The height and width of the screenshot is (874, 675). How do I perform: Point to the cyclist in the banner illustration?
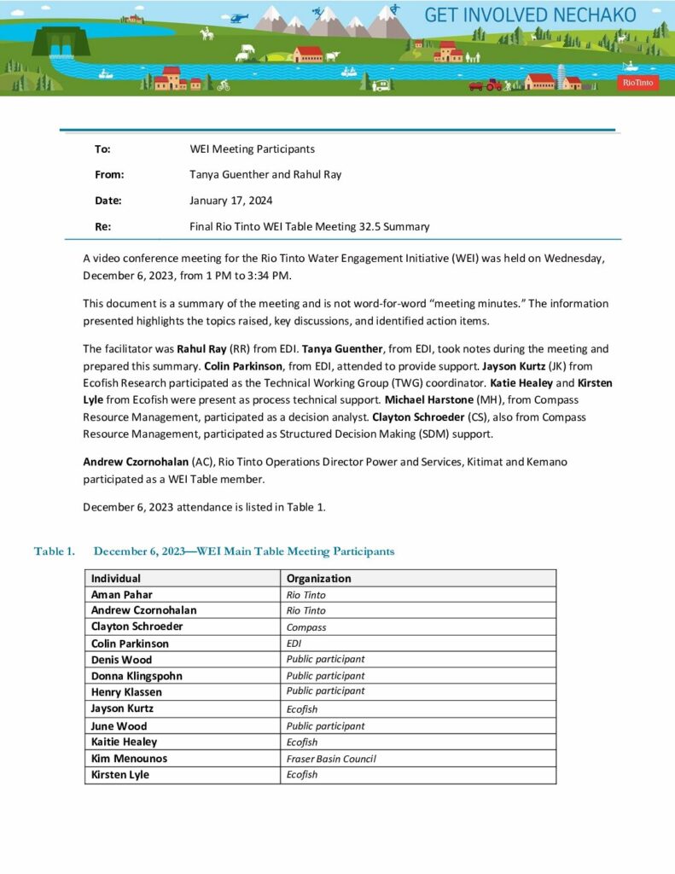click(x=224, y=85)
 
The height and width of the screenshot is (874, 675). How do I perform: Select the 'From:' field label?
click(x=109, y=174)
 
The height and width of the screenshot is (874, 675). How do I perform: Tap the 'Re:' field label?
click(x=102, y=227)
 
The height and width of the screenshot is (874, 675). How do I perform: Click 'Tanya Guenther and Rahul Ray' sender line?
click(x=265, y=174)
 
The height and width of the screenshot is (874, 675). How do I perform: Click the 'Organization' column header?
click(x=318, y=578)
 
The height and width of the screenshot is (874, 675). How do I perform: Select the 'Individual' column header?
click(x=116, y=578)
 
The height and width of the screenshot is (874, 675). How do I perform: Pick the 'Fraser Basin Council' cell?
click(x=330, y=758)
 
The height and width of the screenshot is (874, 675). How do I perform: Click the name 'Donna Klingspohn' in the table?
click(x=137, y=676)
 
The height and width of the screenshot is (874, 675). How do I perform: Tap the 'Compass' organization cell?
click(x=306, y=627)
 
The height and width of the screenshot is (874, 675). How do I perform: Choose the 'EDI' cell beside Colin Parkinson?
click(x=294, y=644)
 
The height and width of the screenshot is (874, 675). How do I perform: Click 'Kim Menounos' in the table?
click(x=129, y=758)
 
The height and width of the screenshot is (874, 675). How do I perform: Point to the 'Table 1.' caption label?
click(x=54, y=551)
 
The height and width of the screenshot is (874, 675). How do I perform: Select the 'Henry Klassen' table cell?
click(x=126, y=692)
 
